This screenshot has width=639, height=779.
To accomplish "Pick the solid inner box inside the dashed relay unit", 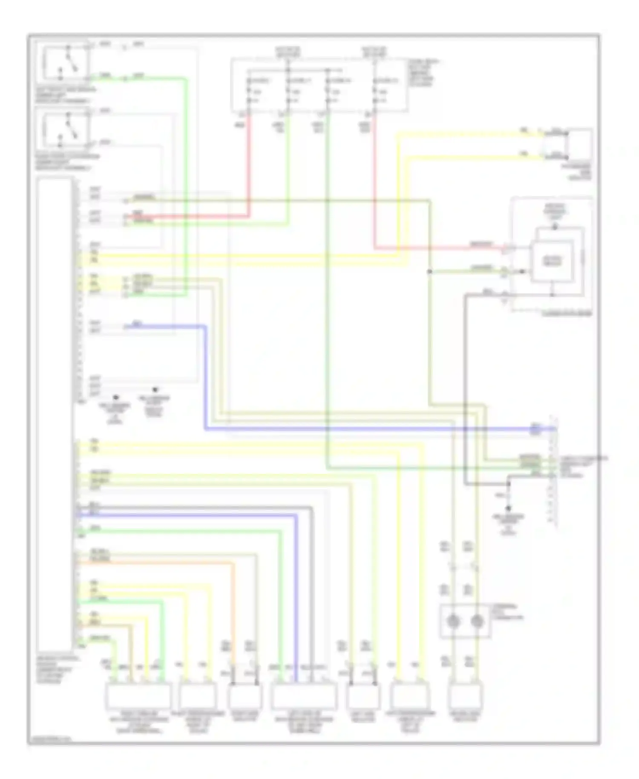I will tap(552, 261).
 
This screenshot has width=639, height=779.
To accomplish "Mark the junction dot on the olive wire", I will tap(429, 271).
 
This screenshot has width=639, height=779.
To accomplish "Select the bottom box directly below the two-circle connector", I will tap(465, 695).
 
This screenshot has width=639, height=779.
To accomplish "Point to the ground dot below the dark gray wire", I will tap(508, 509).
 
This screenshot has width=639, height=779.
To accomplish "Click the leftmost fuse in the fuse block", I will tap(248, 91).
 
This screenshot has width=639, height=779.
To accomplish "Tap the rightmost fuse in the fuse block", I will tap(375, 91).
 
